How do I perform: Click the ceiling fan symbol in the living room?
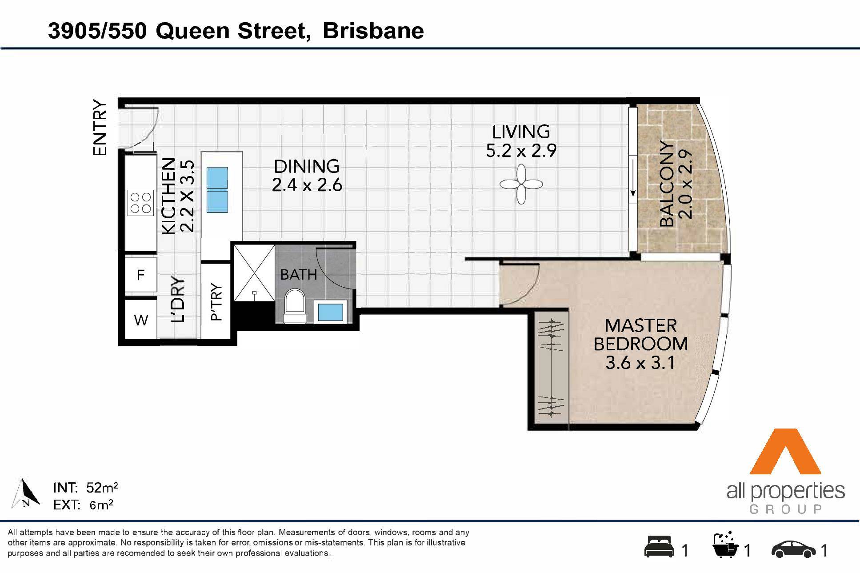(x=521, y=184)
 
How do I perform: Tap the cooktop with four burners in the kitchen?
(x=140, y=203)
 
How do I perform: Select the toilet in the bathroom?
(x=295, y=306)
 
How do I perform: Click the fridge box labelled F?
(x=140, y=275)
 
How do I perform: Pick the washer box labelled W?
(x=140, y=320)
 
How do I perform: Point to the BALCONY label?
(x=667, y=184)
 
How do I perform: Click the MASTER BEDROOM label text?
(x=641, y=335)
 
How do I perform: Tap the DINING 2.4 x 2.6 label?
(x=307, y=176)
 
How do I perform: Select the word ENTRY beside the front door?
(x=100, y=128)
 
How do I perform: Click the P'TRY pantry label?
(x=216, y=302)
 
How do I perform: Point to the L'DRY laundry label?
(x=177, y=299)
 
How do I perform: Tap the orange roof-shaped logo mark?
(x=785, y=451)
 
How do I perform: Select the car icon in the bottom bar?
(x=793, y=549)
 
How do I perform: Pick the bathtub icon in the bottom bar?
(x=726, y=545)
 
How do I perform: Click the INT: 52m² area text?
(x=85, y=488)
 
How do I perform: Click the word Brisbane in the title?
(x=373, y=31)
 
